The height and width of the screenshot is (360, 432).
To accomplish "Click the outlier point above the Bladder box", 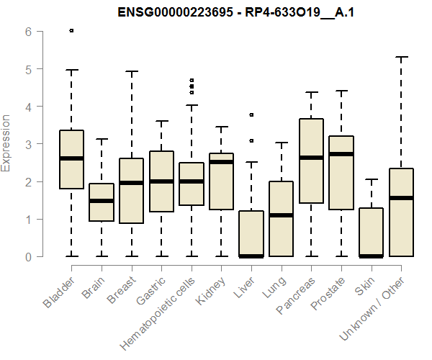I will (71, 30).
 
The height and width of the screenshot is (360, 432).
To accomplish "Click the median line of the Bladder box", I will (71, 158).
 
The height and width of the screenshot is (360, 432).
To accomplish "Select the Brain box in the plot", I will (102, 202).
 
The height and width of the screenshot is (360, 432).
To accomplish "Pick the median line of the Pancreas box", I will (311, 158).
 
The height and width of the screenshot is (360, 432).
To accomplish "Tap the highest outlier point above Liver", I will (251, 114).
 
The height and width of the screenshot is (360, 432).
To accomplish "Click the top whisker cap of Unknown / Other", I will (402, 57).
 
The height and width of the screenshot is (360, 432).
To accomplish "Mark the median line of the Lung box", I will (282, 215).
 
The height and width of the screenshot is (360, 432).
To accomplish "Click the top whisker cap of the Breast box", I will (132, 71).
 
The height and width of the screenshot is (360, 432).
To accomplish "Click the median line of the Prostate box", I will (341, 154).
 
